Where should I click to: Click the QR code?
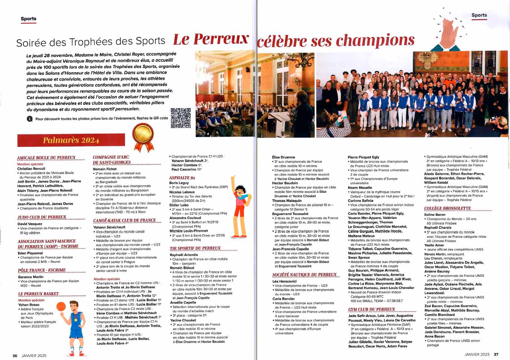181,118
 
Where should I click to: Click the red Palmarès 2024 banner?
71,140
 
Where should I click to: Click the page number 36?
15,355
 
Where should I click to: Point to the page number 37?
496,354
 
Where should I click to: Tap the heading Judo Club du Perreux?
42,217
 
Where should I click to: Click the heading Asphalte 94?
182,178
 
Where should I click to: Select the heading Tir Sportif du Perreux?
195,249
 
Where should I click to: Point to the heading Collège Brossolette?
448,208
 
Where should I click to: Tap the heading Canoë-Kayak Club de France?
124,221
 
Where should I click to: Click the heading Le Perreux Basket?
38,294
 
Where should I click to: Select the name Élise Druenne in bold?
283,157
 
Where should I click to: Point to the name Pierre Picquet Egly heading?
363,157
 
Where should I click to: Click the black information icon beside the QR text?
29,119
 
